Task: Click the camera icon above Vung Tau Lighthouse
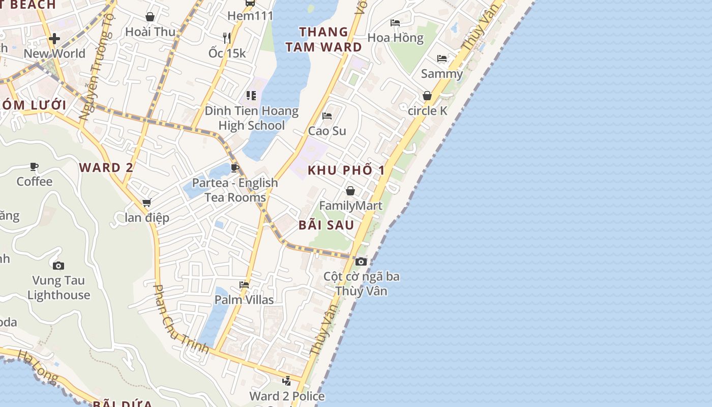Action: [x=58, y=266]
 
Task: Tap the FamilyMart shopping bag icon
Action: [x=350, y=191]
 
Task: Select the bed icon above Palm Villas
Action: [x=244, y=285]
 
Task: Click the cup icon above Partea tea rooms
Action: [x=234, y=168]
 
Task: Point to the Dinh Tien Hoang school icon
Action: [x=251, y=96]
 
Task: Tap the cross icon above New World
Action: [x=54, y=38]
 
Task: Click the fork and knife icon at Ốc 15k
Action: [x=227, y=38]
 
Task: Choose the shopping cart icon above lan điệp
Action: [x=147, y=203]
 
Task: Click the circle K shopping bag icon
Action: [x=427, y=96]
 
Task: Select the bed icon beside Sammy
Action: [x=442, y=59]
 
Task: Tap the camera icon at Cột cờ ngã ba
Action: [x=361, y=261]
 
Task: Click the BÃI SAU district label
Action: [x=326, y=225]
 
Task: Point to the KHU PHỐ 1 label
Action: [x=346, y=170]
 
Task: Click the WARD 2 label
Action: [x=106, y=167]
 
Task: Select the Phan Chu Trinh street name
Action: [x=181, y=319]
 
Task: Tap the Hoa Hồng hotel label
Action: [x=395, y=38]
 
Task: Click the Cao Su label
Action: [x=327, y=131]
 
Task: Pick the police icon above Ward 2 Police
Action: [x=287, y=381]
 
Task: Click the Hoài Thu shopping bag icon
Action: [x=150, y=17]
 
